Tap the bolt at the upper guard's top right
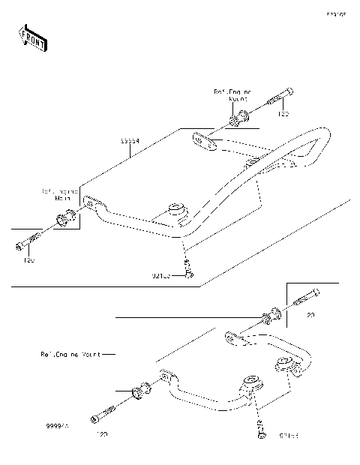pyautogui.click(x=278, y=99)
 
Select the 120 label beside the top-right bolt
pyautogui.click(x=284, y=115)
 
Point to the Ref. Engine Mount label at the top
pyautogui.click(x=232, y=94)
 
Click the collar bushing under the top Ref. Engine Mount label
pyautogui.click(x=239, y=117)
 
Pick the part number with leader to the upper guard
pyautogui.click(x=130, y=140)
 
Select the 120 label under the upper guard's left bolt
pyautogui.click(x=28, y=260)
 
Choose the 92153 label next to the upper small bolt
pyautogui.click(x=162, y=276)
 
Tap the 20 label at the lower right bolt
pyautogui.click(x=310, y=316)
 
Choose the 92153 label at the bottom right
pyautogui.click(x=289, y=434)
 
